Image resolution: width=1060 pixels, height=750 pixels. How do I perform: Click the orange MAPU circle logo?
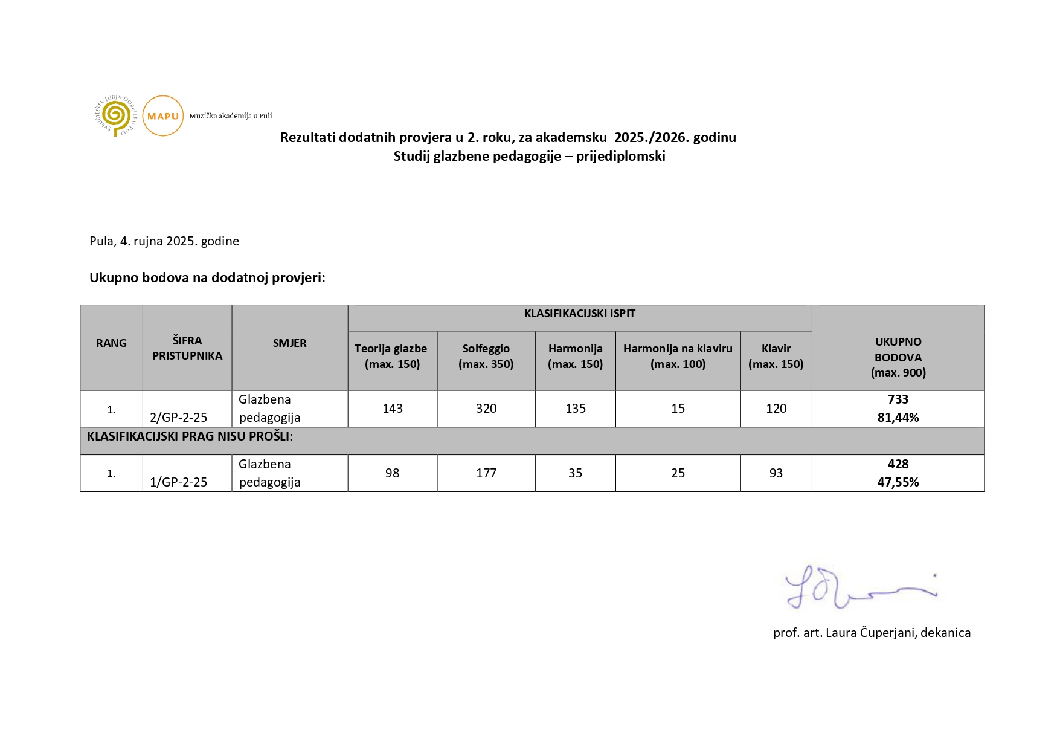coord(162,115)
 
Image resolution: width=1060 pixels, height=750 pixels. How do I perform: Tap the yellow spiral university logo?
coord(116,115)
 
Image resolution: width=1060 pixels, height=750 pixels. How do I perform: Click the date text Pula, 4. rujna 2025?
coord(164,241)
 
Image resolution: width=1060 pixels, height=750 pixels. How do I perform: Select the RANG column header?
coord(111,343)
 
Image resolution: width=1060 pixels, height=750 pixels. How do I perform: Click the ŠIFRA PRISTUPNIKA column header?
coord(187,348)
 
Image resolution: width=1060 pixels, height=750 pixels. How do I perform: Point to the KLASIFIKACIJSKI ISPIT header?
coord(579,314)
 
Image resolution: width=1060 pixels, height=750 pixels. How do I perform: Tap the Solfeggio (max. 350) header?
coord(486,356)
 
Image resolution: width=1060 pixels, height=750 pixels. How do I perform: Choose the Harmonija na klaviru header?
coord(678,356)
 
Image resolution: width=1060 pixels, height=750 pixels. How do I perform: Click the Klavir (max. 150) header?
coord(776,356)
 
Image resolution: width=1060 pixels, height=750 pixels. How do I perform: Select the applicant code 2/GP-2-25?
coord(178,418)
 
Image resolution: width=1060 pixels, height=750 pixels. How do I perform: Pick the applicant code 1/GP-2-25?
coord(178,482)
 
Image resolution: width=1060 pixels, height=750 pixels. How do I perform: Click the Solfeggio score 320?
coord(486,409)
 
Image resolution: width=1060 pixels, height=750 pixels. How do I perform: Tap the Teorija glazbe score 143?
coord(392,409)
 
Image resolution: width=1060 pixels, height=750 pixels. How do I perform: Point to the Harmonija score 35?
coord(575,473)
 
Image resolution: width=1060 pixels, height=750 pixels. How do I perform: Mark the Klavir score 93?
coord(776,473)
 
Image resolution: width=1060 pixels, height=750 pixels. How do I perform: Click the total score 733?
coord(898,399)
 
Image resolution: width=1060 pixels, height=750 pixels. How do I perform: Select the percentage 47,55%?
coord(898,482)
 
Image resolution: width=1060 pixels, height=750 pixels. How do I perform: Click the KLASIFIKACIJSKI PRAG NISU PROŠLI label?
coord(190,436)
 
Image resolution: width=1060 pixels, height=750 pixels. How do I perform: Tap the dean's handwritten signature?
coord(858,588)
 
